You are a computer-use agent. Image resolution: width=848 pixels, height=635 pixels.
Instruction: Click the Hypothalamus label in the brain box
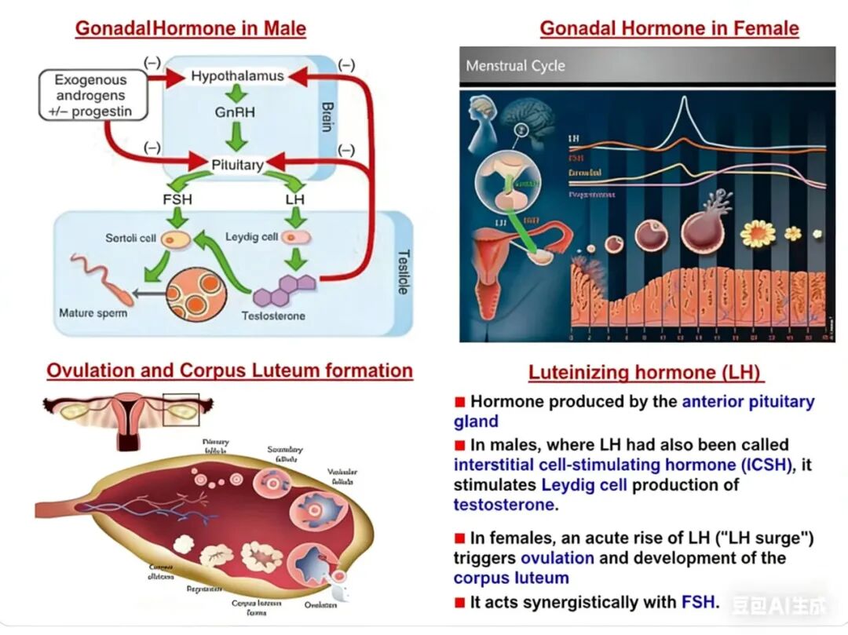(237, 77)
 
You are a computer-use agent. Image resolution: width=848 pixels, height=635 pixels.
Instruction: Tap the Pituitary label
(237, 165)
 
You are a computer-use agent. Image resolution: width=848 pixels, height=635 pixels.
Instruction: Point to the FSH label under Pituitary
(177, 199)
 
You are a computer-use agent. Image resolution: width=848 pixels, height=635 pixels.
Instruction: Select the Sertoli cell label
(131, 238)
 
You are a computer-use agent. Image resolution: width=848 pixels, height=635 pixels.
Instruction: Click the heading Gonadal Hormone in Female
(669, 29)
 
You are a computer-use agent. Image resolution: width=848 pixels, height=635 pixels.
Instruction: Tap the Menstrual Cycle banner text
(515, 66)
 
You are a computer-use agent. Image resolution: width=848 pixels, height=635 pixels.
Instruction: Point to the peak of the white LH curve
(684, 98)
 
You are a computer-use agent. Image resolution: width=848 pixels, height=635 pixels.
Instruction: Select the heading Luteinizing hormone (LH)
(645, 373)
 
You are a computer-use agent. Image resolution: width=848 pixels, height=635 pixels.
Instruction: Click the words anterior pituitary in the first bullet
(747, 402)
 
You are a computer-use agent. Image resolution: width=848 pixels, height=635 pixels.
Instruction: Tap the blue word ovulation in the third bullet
(557, 558)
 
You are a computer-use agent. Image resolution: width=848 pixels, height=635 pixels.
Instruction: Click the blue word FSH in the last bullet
(700, 603)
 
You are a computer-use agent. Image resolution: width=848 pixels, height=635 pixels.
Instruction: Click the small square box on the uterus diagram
(181, 409)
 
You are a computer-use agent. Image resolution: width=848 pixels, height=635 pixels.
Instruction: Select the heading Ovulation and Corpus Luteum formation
(229, 370)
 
